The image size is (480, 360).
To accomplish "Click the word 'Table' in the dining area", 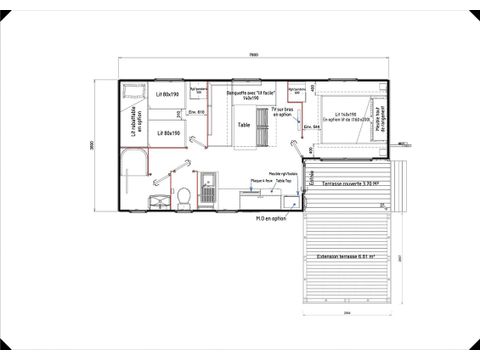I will tap(243, 125).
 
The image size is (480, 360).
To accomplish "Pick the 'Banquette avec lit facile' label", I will tap(249, 94).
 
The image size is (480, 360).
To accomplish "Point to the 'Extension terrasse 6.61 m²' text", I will tap(344, 256).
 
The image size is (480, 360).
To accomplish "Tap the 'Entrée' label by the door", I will tap(310, 181).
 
